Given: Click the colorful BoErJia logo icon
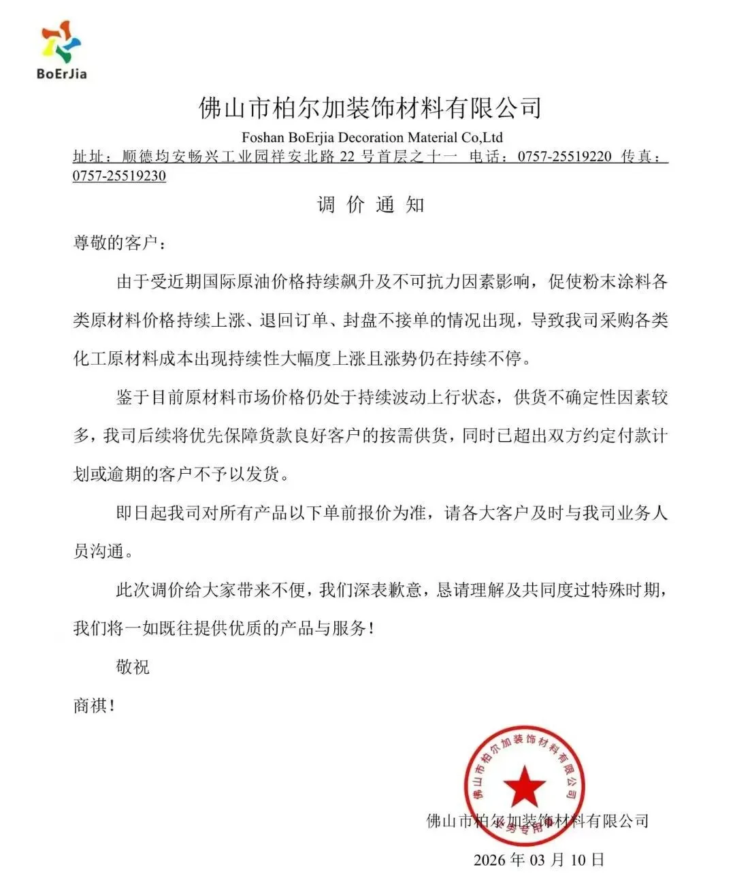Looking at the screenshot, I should tap(61, 42).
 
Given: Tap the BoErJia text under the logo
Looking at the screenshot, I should tap(61, 74).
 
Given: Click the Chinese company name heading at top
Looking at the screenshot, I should tap(370, 108).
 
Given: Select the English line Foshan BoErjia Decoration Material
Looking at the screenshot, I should tap(372, 137).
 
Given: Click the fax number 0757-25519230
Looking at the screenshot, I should tap(119, 176).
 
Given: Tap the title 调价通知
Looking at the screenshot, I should tap(371, 205).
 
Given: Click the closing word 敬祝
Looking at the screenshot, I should tap(132, 666).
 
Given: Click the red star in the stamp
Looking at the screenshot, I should tap(523, 785).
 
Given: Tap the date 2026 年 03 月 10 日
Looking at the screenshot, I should tap(538, 859).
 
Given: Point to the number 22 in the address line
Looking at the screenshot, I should tap(347, 157).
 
